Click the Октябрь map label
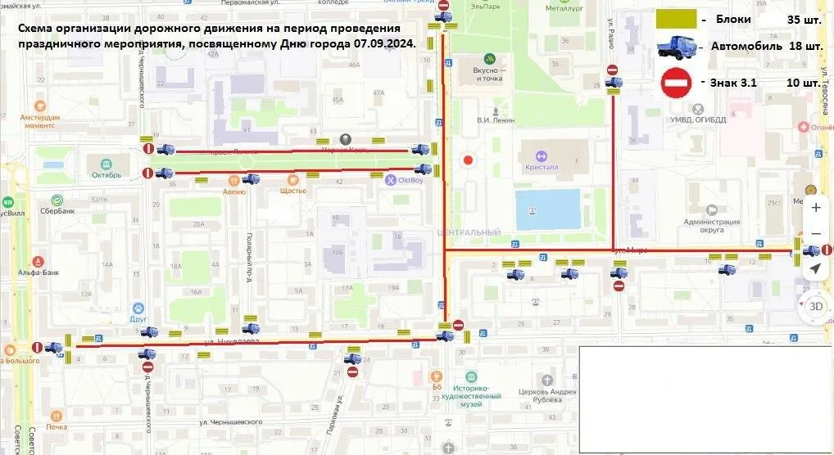click(107, 174)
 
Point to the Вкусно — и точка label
click(487, 74)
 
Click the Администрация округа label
click(711, 227)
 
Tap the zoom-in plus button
click(815, 208)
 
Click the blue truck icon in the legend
click(676, 47)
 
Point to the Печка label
click(57, 426)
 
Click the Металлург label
click(564, 9)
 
